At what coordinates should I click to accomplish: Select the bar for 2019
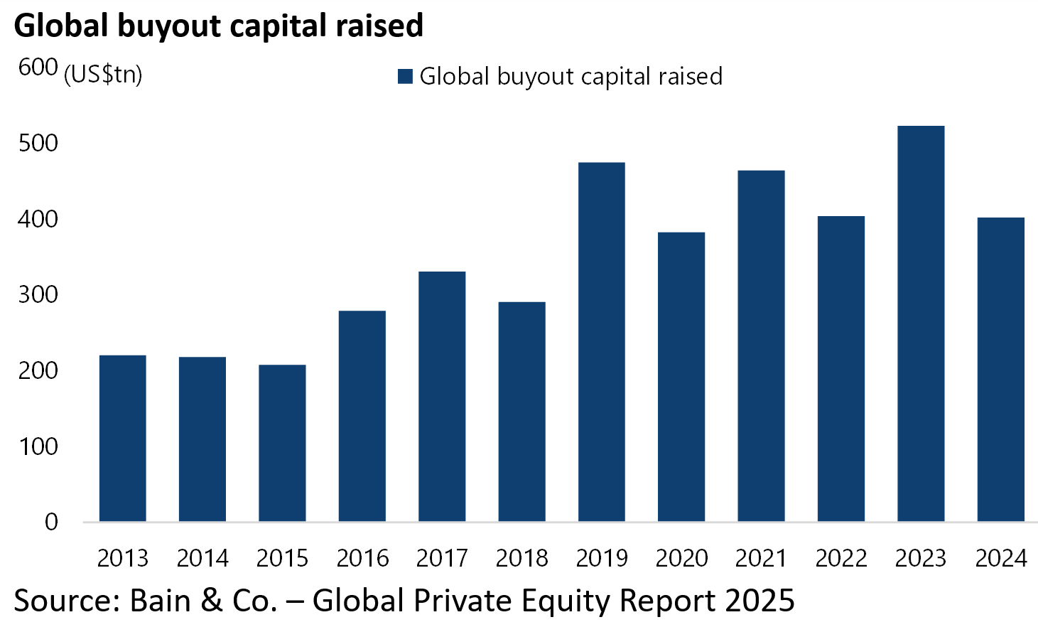[x=601, y=342]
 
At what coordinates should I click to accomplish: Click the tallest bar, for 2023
[x=921, y=323]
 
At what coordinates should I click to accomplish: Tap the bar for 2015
[x=282, y=443]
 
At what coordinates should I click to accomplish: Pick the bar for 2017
[x=442, y=397]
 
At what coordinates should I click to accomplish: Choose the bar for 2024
[x=1000, y=370]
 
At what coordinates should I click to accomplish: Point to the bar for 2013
[x=122, y=438]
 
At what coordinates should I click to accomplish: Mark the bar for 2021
[x=761, y=346]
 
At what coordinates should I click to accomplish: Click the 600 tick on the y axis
[x=38, y=68]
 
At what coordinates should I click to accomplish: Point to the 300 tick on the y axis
[x=38, y=294]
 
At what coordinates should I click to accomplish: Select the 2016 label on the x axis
[x=362, y=559]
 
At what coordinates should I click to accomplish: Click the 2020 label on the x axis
[x=681, y=559]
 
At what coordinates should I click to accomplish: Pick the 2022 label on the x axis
[x=841, y=559]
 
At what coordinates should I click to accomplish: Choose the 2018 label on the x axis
[x=521, y=559]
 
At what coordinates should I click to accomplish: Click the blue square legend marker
[x=405, y=76]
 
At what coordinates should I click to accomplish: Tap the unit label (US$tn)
[x=103, y=75]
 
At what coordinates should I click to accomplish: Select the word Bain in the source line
[x=161, y=601]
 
